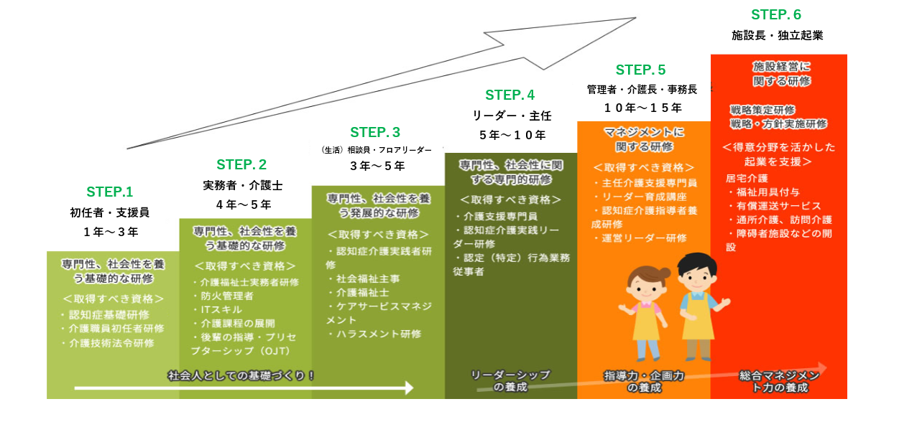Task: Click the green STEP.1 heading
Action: point(110,192)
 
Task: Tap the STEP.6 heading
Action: point(775,15)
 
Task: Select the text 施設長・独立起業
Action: point(777,34)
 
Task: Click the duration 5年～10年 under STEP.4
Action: point(512,134)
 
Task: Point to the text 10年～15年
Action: point(642,108)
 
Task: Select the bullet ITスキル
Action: point(218,309)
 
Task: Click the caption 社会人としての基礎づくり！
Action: point(241,375)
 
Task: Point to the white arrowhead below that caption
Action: point(409,388)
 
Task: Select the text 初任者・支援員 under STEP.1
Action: point(109,212)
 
